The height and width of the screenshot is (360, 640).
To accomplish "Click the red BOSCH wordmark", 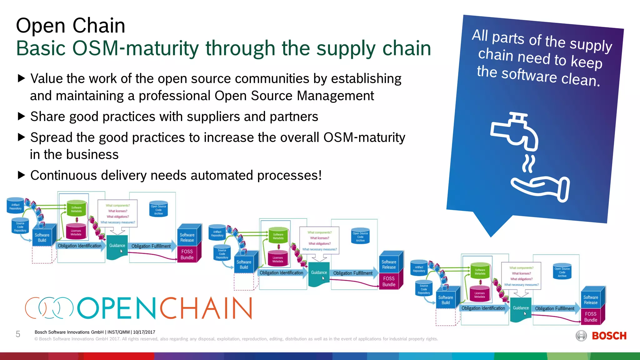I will point(609,336).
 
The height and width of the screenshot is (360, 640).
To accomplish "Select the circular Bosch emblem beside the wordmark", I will point(581,336).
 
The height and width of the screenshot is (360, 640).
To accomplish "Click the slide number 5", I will point(18,334).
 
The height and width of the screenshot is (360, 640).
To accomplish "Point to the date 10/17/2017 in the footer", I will point(144,332).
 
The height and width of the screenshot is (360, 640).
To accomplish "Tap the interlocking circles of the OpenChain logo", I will point(49,308).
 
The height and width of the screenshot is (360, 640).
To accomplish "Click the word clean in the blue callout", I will point(580,79).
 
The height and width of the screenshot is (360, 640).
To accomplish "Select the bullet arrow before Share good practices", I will point(21,117).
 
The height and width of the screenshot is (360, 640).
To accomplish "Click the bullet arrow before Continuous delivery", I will point(21,175).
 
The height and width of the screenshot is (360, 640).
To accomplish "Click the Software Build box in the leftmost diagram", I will point(42,237).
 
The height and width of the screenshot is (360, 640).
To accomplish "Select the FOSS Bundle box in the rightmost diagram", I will point(591,317).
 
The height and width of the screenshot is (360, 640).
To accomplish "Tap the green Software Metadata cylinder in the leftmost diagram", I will point(76,208).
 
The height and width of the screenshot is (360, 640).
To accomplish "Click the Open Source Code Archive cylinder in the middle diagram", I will point(360,237).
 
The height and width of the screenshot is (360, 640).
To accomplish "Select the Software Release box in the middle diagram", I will point(389,264).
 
